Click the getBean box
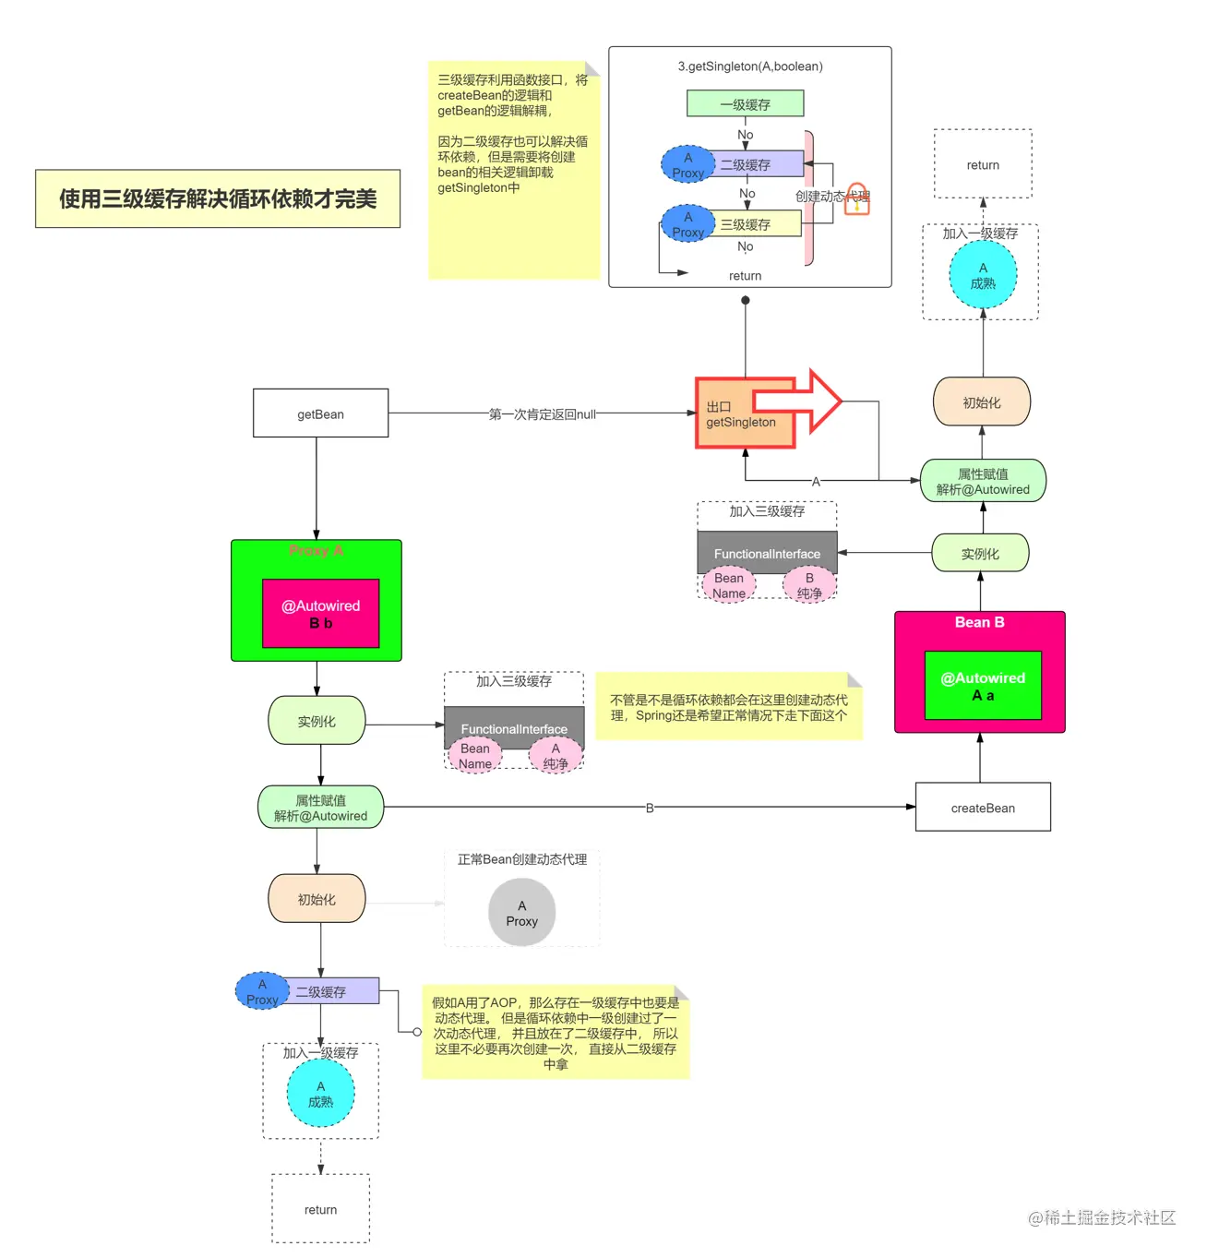[320, 413]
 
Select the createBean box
[982, 808]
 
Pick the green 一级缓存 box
[745, 104]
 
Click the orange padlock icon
[857, 198]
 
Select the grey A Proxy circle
[521, 913]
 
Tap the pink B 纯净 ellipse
[809, 585]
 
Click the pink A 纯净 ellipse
[556, 756]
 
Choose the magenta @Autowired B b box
[320, 614]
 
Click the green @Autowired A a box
[983, 686]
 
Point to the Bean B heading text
[979, 622]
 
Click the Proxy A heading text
[316, 550]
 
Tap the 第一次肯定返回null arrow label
[542, 414]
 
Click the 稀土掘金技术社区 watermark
[1102, 1217]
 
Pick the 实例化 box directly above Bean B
[980, 554]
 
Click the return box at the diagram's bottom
[320, 1209]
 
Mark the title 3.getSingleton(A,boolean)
[749, 66]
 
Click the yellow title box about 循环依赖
[218, 198]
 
